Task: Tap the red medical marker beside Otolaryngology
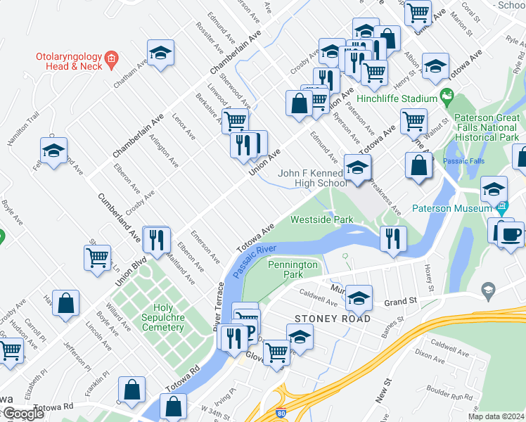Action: click(x=110, y=56)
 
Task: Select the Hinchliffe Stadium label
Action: click(x=397, y=99)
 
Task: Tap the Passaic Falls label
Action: click(x=464, y=161)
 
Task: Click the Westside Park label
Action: click(x=322, y=219)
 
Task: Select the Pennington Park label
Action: click(x=293, y=269)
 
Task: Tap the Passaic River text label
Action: click(x=253, y=260)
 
